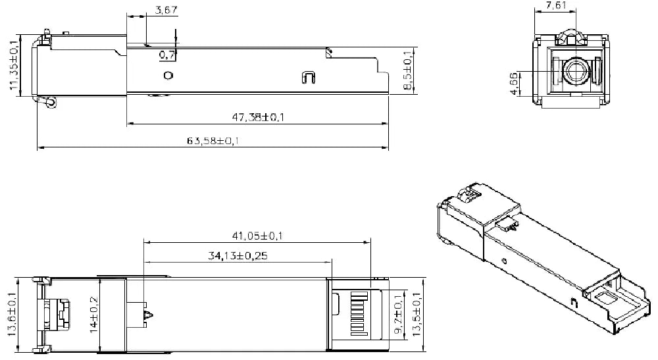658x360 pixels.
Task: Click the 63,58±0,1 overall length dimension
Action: pyautogui.click(x=213, y=141)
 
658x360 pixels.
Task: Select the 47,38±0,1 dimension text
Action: pyautogui.click(x=253, y=117)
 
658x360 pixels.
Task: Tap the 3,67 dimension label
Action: pyautogui.click(x=166, y=11)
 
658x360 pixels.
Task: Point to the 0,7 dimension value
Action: pyautogui.click(x=167, y=55)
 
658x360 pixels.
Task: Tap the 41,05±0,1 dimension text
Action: pyautogui.click(x=257, y=235)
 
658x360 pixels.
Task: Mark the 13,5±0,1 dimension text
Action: pyautogui.click(x=416, y=313)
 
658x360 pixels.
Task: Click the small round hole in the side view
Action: pyautogui.click(x=168, y=76)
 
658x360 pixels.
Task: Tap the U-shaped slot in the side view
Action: pyautogui.click(x=307, y=77)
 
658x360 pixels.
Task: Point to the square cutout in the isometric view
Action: pyautogui.click(x=605, y=298)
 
